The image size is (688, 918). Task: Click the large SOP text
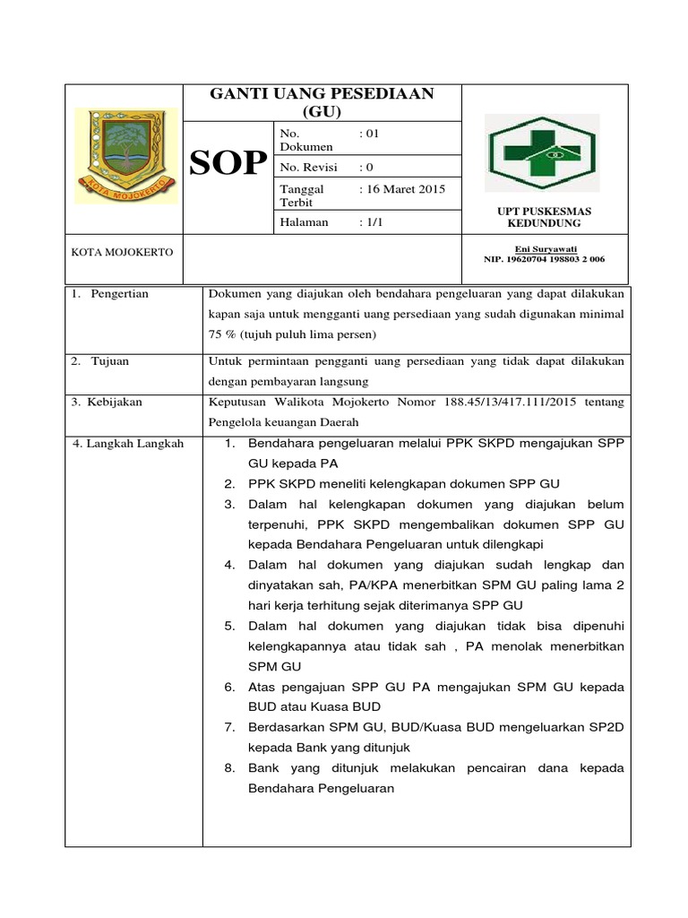pos(229,163)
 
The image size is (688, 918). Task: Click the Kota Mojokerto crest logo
pos(125,155)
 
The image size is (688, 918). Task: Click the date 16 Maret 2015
pos(401,189)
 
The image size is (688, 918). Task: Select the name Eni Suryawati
pos(545,248)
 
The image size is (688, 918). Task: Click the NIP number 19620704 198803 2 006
pos(544,259)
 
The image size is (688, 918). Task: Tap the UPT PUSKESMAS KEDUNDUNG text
pos(544,217)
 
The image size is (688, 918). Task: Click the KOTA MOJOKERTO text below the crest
pos(122,252)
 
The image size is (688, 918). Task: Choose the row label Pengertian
pos(119,294)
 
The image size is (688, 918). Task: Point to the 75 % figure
pos(219,334)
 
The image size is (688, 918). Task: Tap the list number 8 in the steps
pos(229,768)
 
